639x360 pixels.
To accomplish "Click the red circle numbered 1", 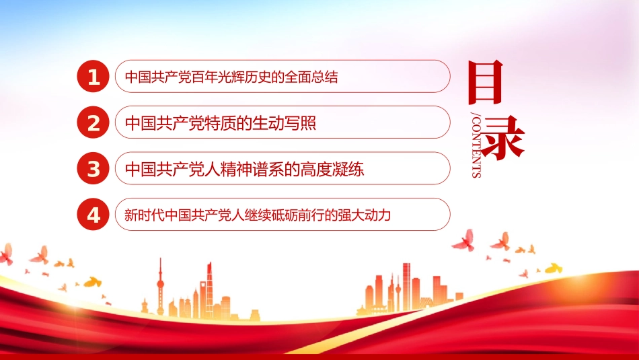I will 94,77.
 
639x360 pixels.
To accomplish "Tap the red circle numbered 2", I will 94,122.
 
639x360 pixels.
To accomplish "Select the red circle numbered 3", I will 94,168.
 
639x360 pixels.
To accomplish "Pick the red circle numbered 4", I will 94,215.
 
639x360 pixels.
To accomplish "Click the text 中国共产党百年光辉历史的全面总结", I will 231,77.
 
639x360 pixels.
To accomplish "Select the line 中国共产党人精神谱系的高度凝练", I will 245,169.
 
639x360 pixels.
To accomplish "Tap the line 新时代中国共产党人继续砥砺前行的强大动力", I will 258,215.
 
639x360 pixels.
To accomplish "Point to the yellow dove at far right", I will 552,268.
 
